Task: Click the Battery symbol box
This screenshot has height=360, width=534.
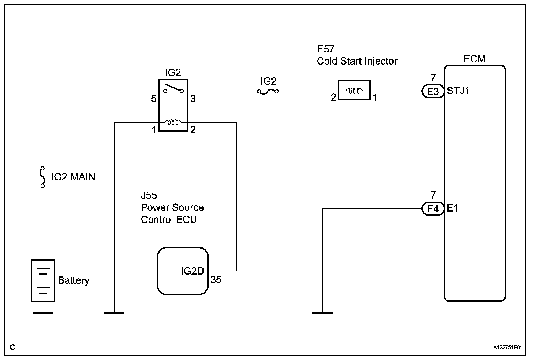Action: pos(43,280)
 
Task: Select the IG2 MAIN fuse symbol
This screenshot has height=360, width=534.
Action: pos(43,177)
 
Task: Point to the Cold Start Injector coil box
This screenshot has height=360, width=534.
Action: pos(354,90)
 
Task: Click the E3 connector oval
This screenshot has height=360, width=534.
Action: pos(433,91)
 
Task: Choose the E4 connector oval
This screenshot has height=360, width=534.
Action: pos(433,209)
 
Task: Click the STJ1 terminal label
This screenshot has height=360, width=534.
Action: pos(458,91)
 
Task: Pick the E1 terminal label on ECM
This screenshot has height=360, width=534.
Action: pos(453,208)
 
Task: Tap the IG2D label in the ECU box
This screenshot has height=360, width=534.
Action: pos(192,271)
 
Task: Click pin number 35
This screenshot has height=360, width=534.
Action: pos(216,280)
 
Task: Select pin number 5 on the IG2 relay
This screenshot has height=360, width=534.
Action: pos(154,99)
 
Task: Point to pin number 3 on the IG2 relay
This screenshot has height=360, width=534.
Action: pos(193,99)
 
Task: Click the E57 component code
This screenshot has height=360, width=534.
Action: pos(326,49)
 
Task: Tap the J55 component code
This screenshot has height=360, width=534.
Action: pos(149,195)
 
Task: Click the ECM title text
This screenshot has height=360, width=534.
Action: pos(475,59)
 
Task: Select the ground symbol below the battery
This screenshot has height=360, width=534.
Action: pos(43,316)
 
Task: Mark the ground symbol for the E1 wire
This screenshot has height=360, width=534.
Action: pos(322,316)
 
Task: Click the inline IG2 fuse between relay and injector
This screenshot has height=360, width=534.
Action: pos(268,91)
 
